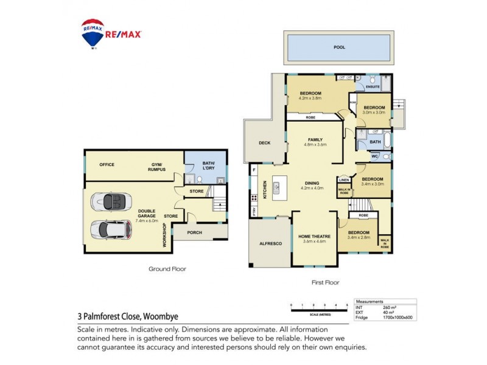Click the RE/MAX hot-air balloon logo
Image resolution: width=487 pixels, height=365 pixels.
(93, 33)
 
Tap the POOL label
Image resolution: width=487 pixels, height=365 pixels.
(338, 47)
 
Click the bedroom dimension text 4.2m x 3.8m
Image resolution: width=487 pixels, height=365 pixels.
(310, 98)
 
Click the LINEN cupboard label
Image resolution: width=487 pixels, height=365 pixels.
(344, 180)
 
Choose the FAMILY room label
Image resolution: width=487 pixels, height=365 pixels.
(315, 139)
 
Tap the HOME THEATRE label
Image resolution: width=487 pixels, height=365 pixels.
(314, 236)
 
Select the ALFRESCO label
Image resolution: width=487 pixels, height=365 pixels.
(271, 243)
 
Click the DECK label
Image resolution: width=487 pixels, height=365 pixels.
(264, 144)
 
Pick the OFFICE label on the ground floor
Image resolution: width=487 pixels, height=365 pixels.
(107, 164)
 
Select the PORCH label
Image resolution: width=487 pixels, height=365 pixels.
(194, 232)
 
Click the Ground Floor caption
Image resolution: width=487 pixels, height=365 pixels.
(167, 268)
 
